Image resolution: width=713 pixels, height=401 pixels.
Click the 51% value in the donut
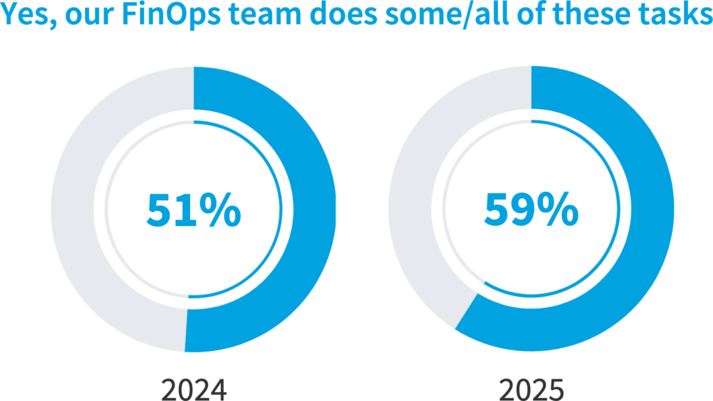click(x=194, y=211)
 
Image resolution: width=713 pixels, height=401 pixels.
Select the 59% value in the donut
click(x=531, y=211)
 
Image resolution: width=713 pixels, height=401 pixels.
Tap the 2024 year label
click(x=194, y=389)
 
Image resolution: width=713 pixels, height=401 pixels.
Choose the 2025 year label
click(x=531, y=389)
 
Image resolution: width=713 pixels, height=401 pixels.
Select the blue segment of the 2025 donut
click(x=641, y=222)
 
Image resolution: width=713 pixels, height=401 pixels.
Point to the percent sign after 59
click(x=558, y=211)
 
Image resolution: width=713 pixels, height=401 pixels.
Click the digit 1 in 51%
click(x=185, y=211)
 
